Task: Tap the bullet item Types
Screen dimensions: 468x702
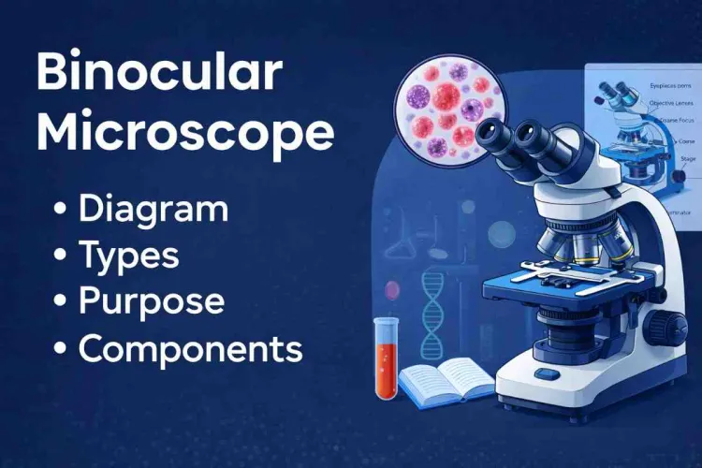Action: coord(129,255)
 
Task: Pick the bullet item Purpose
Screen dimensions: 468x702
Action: coord(151,301)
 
